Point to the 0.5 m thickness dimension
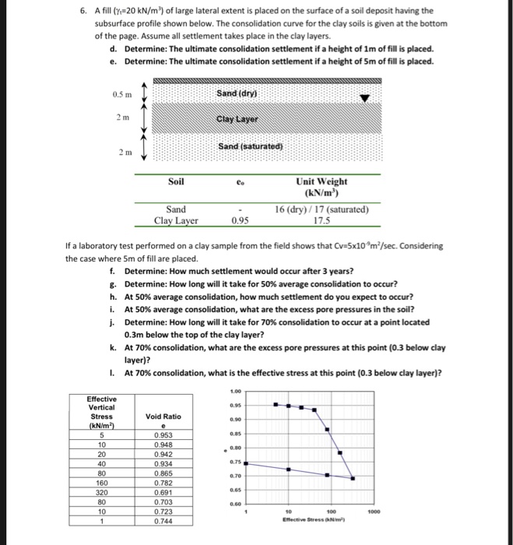pos(122,94)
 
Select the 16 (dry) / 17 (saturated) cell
pos(322,209)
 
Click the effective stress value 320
pos(102,493)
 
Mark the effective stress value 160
pos(102,483)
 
